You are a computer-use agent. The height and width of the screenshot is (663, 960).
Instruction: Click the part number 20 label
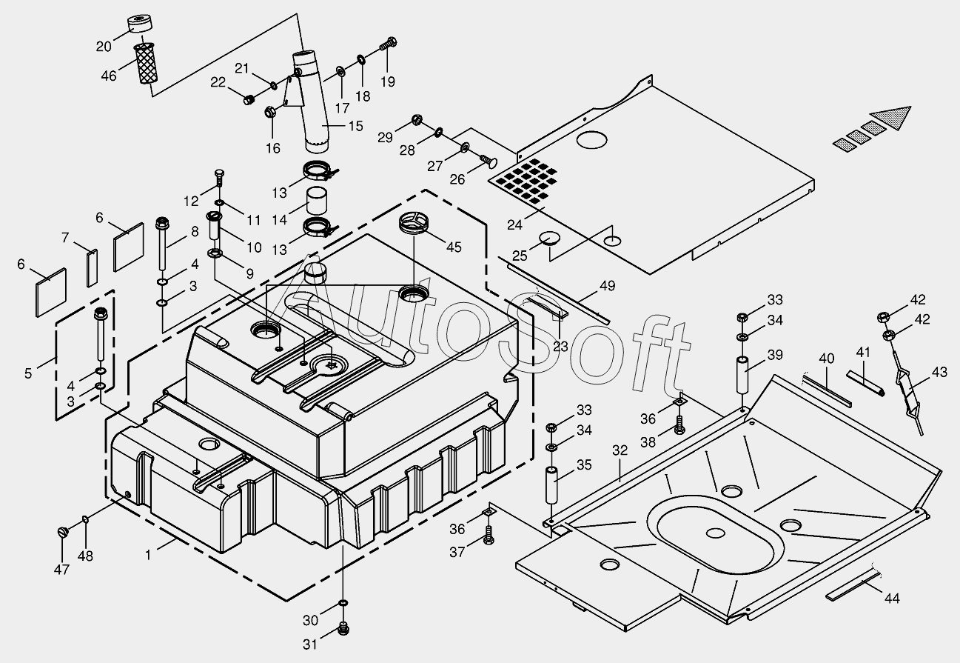click(104, 47)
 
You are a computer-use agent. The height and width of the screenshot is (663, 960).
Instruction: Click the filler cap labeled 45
click(414, 222)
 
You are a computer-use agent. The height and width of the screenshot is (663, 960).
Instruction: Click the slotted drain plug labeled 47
click(63, 531)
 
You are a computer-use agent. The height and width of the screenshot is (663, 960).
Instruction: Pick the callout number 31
click(309, 645)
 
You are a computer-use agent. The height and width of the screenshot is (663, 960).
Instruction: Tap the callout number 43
click(939, 373)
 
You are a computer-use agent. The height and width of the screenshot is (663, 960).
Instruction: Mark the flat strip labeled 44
click(853, 583)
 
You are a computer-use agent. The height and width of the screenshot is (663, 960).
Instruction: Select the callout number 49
click(608, 286)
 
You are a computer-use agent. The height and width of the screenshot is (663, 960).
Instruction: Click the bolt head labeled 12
click(218, 174)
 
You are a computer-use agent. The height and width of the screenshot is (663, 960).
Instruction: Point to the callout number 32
click(620, 450)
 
